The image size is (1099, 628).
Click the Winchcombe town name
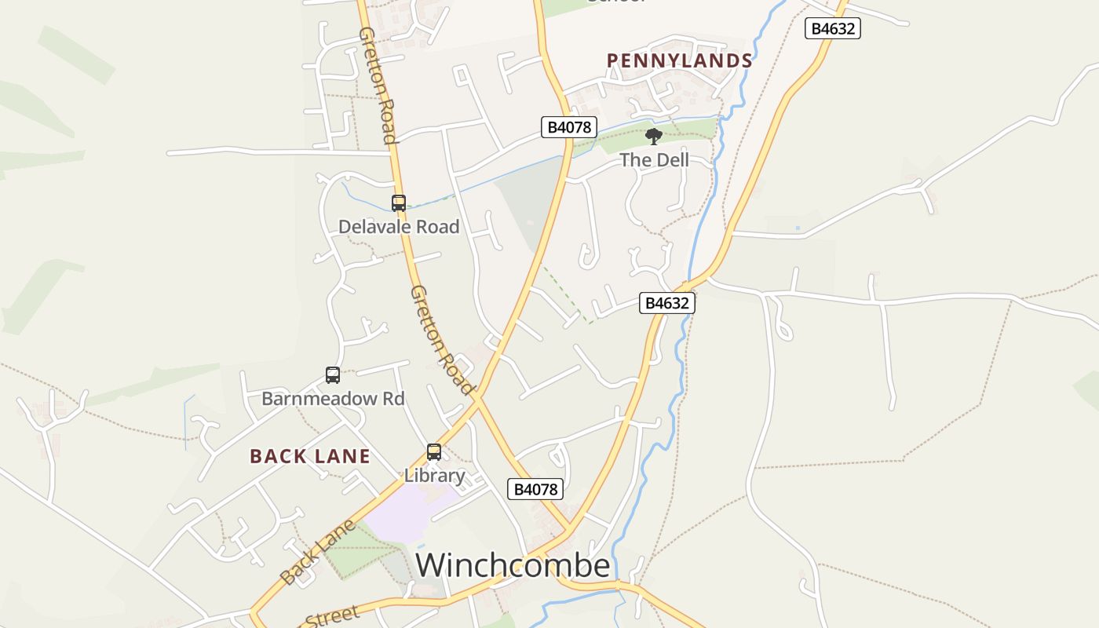pos(512,565)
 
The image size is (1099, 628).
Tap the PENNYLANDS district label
pos(679,61)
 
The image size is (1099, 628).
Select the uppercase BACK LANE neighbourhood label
pos(309,456)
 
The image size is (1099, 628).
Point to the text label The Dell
pos(654,160)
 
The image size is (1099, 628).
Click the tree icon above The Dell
pos(653,137)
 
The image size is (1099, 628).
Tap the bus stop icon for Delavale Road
pos(399,203)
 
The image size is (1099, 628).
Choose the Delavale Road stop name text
pos(398,227)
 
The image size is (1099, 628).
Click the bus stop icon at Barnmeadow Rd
pos(333,375)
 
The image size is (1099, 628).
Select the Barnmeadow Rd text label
pos(333,399)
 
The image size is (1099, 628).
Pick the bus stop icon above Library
pos(434,452)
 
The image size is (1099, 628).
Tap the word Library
pos(434,476)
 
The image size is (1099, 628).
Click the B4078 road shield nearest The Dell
pos(569,127)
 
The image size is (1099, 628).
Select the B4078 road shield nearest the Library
pos(535,489)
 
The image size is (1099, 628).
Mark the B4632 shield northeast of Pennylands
pos(833,29)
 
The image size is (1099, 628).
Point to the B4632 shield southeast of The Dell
pos(666,303)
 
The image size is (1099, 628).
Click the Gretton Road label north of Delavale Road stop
pos(378,85)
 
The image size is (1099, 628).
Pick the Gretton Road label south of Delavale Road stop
pos(442,340)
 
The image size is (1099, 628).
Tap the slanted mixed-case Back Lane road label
pos(318,552)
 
